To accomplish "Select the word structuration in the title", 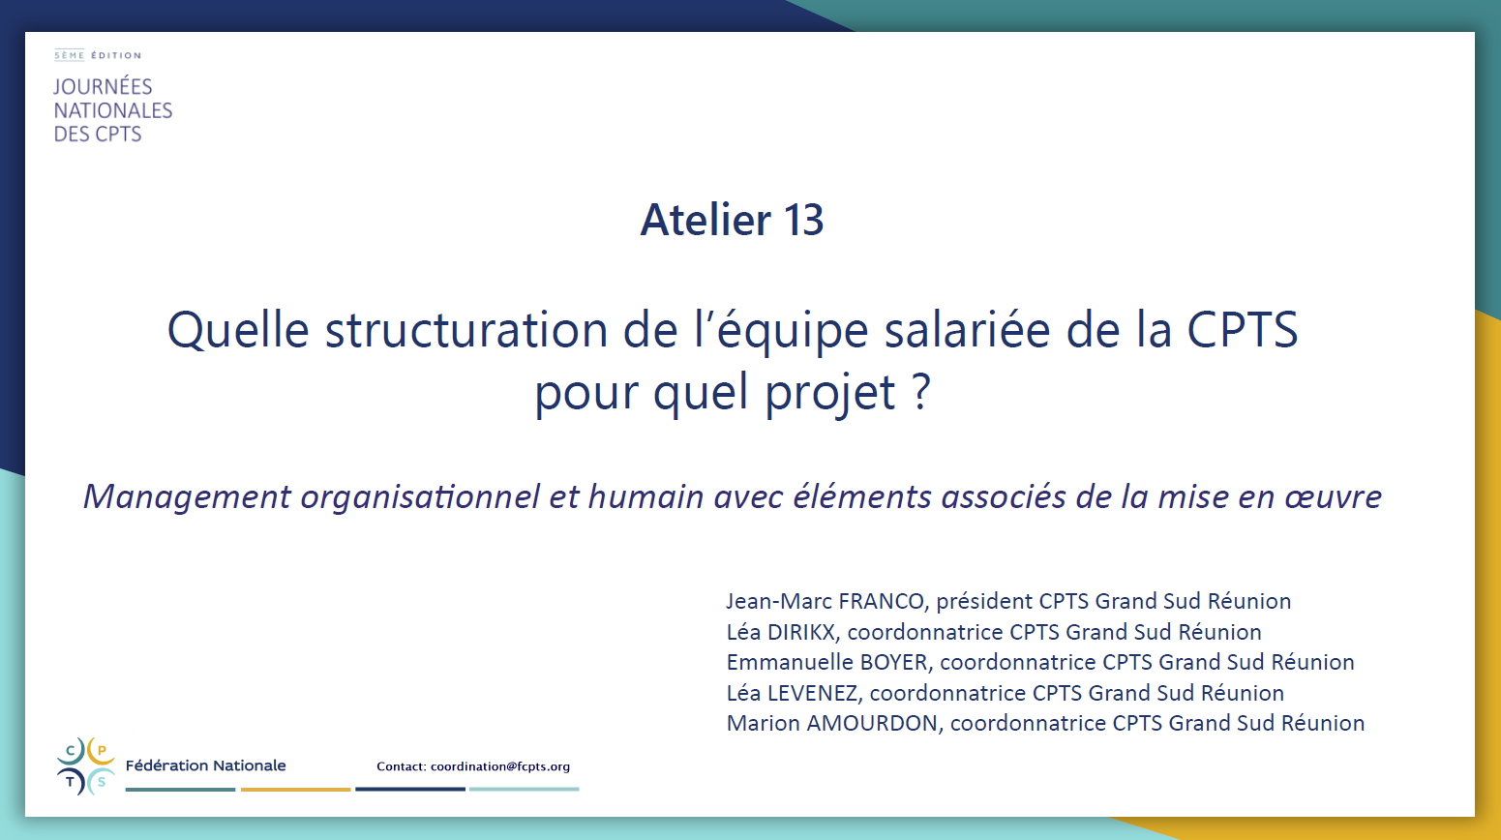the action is [466, 330].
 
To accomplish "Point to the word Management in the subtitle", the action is [187, 497].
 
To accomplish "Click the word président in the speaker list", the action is [983, 602].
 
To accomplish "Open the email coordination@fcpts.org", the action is [500, 766].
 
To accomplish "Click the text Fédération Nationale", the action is [206, 765].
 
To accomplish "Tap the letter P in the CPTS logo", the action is [102, 751].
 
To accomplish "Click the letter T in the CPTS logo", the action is [71, 782].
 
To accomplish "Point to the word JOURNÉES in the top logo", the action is [104, 86].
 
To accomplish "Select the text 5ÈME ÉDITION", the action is [98, 55].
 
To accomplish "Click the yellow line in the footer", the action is [295, 789].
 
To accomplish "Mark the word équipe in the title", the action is [792, 330].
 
